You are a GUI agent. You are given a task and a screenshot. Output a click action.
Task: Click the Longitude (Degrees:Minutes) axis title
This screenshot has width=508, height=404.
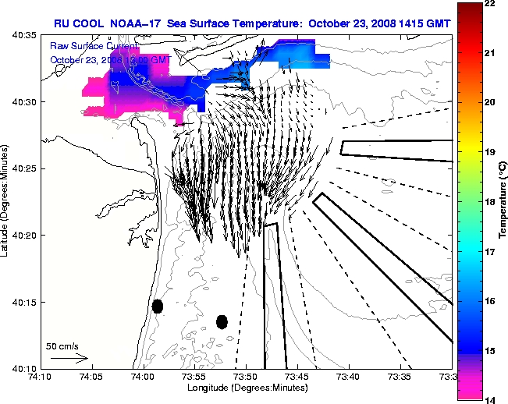click(x=246, y=388)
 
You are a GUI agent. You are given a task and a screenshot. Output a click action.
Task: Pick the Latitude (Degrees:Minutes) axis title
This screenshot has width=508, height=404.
click(x=6, y=202)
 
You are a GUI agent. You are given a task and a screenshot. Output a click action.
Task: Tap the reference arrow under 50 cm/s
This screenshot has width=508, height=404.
click(x=69, y=358)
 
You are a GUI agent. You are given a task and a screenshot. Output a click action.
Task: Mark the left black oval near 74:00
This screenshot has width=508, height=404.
click(x=158, y=306)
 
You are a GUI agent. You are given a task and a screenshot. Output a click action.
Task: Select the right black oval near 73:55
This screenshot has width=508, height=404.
click(x=222, y=321)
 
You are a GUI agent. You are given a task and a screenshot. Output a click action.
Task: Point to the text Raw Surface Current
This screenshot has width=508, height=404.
click(x=94, y=46)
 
